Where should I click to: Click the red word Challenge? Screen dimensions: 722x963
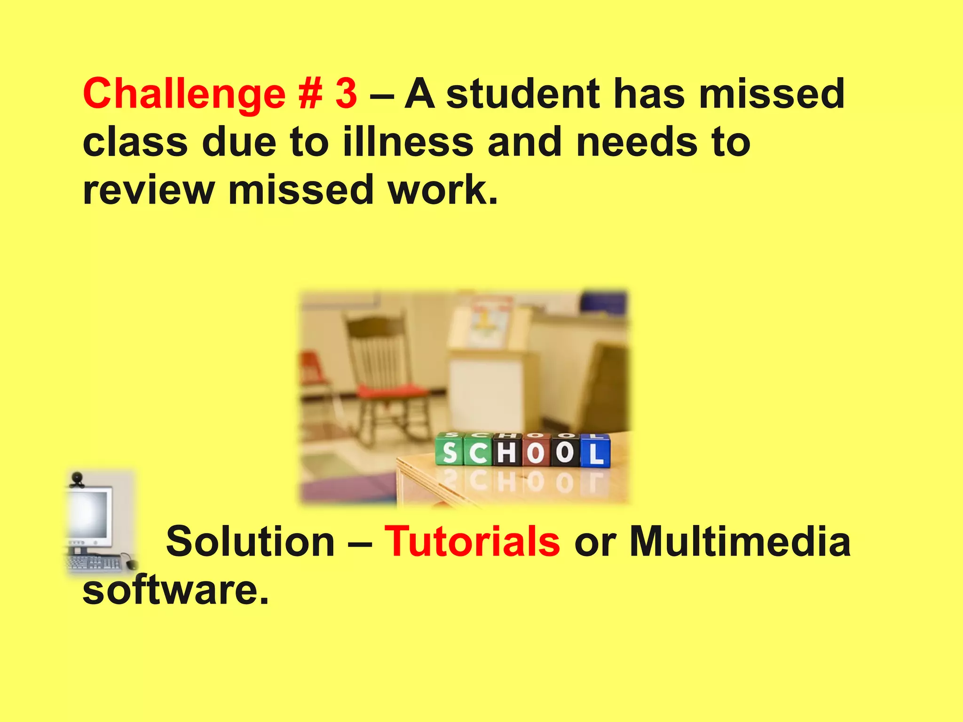tap(184, 94)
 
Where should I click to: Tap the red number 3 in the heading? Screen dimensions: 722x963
tap(346, 94)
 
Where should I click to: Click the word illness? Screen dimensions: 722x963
tap(408, 142)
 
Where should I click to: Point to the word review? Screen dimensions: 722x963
tap(149, 190)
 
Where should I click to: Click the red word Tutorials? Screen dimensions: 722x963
tap(472, 541)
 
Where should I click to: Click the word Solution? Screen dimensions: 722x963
tap(250, 541)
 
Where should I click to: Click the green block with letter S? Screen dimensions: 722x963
tap(450, 452)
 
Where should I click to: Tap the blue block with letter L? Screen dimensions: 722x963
tap(595, 452)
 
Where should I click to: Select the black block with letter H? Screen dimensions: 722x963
tap(507, 452)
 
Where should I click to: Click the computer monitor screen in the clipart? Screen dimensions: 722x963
tap(89, 515)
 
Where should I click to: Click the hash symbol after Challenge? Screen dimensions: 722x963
tap(310, 94)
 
